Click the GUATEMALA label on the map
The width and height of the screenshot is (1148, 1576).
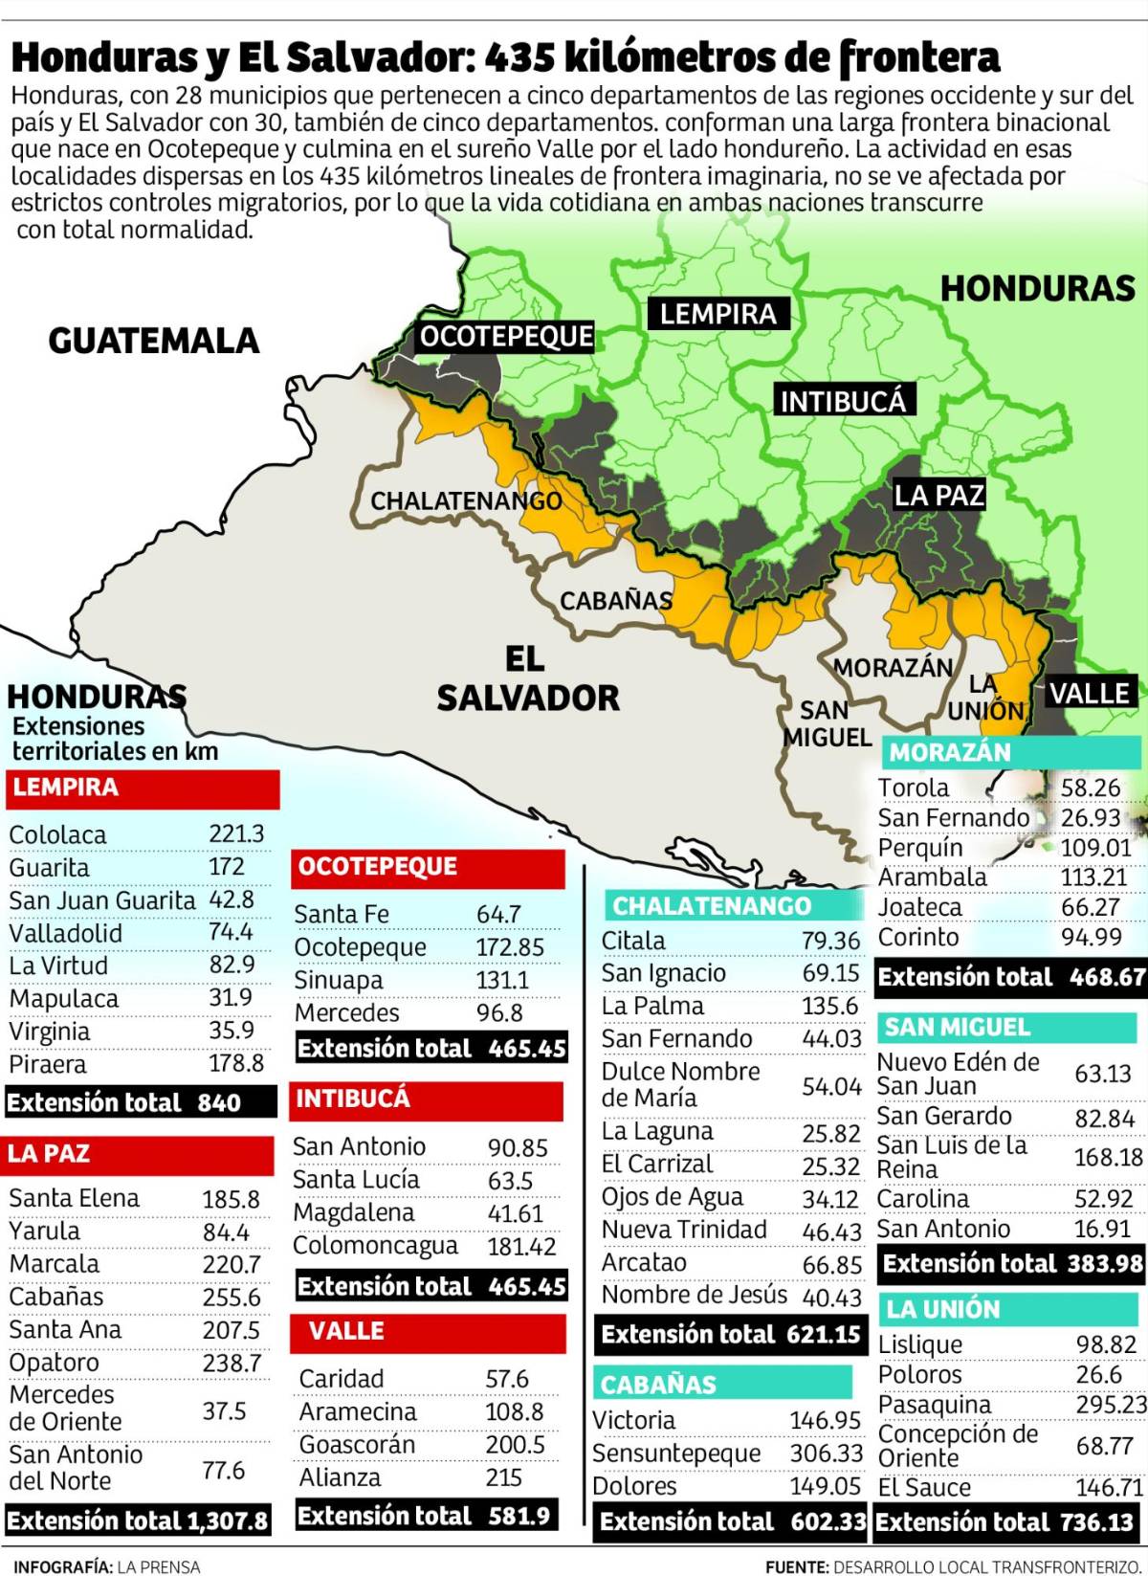pyautogui.click(x=153, y=341)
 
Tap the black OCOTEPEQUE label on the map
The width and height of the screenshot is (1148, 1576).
pyautogui.click(x=507, y=337)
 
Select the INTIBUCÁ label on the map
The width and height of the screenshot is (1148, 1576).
pyautogui.click(x=843, y=401)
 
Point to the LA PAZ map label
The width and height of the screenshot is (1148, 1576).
pyautogui.click(x=938, y=495)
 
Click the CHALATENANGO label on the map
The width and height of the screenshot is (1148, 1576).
pyautogui.click(x=466, y=501)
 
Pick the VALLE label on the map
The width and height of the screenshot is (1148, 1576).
pyautogui.click(x=1091, y=693)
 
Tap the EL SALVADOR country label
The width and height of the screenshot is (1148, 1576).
pyautogui.click(x=527, y=678)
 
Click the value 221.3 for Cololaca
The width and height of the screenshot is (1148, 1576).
pyautogui.click(x=236, y=833)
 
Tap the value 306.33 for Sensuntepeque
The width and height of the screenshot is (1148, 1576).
pyautogui.click(x=827, y=1453)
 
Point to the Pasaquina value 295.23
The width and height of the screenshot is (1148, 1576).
pyautogui.click(x=1111, y=1404)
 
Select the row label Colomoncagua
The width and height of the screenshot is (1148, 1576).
pyautogui.click(x=375, y=1246)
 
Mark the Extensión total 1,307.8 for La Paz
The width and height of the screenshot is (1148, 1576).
pyautogui.click(x=138, y=1521)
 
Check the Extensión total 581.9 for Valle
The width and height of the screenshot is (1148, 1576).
pyautogui.click(x=424, y=1516)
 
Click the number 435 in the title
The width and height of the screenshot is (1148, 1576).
pyautogui.click(x=520, y=59)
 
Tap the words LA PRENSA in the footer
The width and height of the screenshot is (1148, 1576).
pyautogui.click(x=159, y=1566)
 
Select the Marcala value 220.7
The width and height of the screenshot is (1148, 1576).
pyautogui.click(x=232, y=1264)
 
